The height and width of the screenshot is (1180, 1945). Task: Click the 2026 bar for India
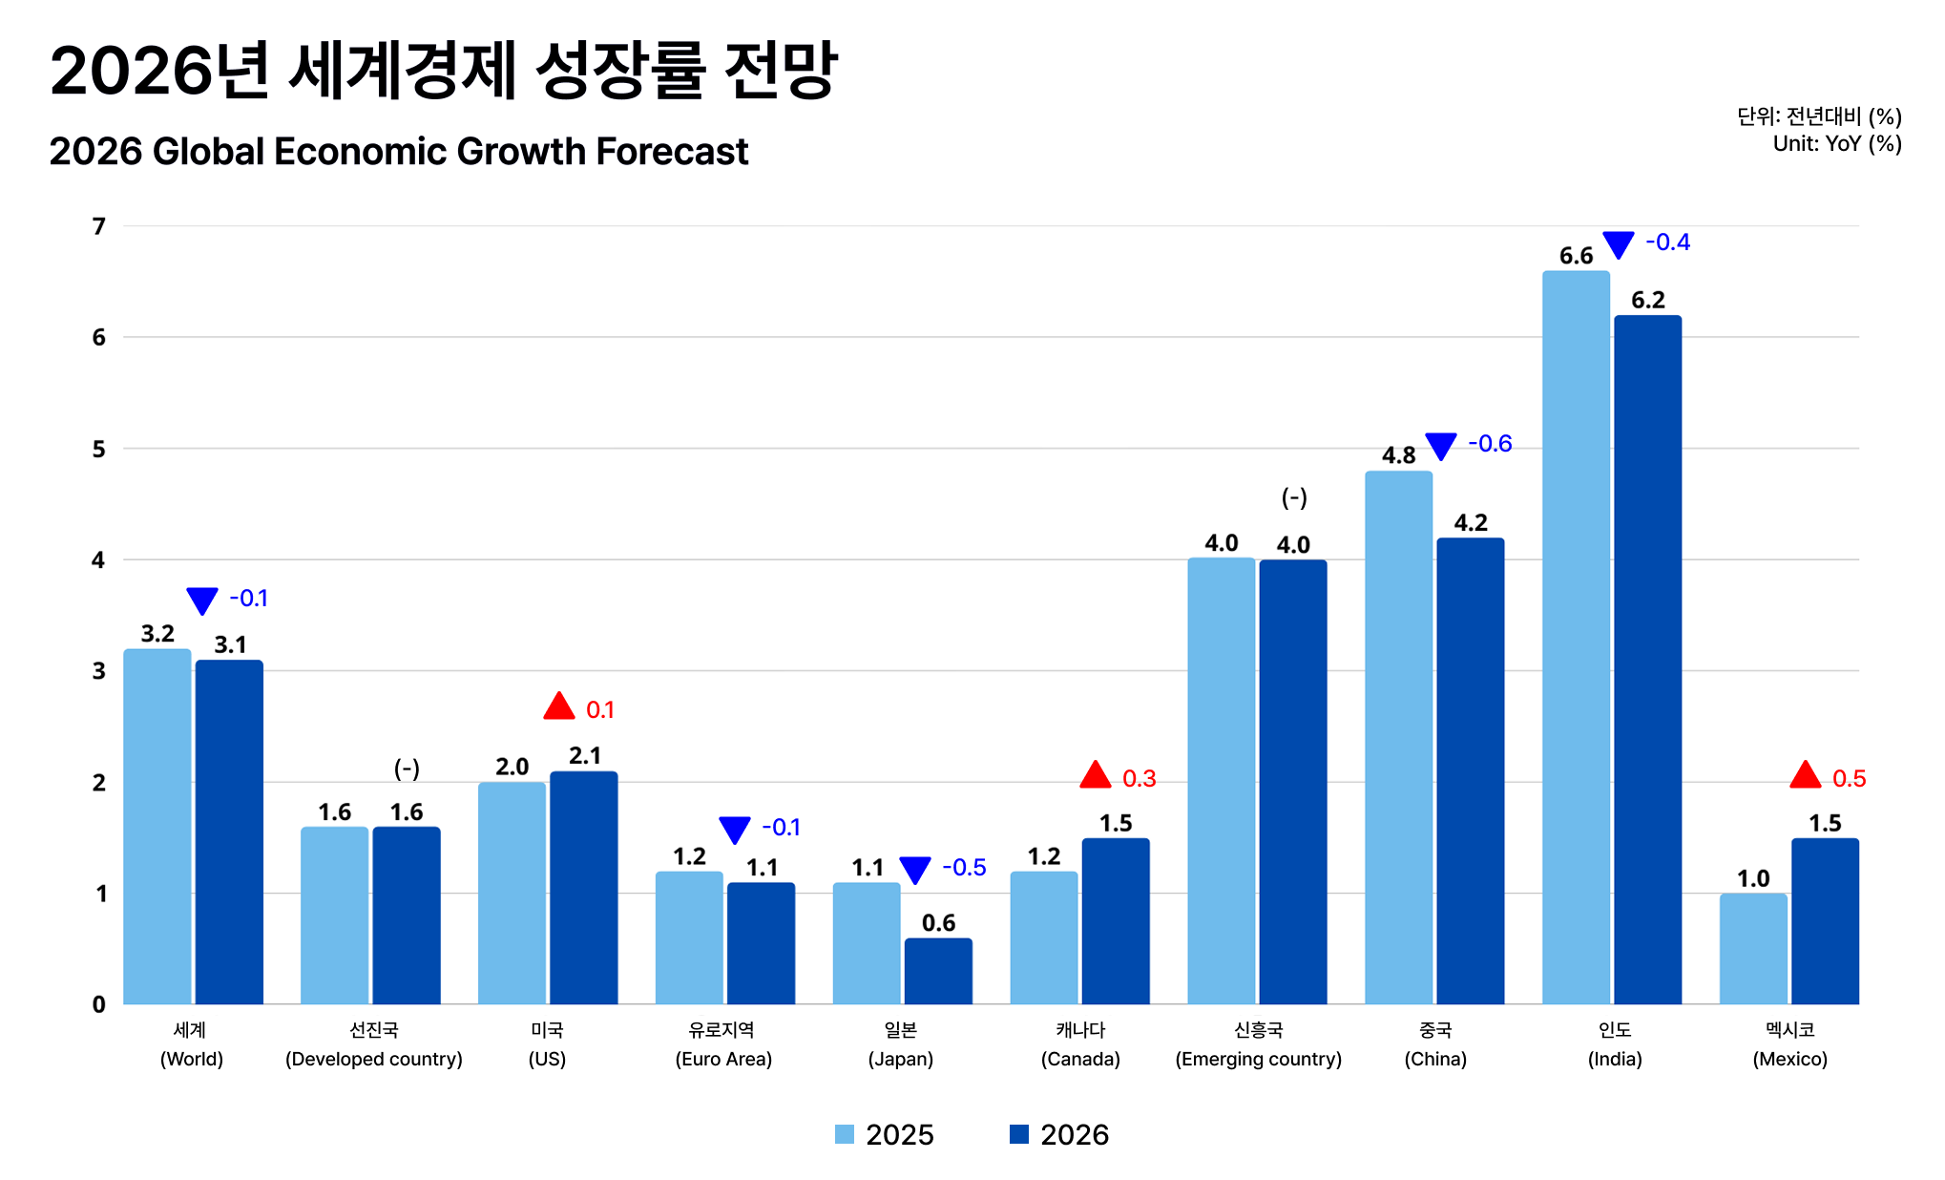pyautogui.click(x=1647, y=659)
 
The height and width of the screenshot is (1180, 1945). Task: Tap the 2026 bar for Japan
pyautogui.click(x=938, y=971)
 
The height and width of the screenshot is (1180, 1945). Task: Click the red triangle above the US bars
pyautogui.click(x=559, y=707)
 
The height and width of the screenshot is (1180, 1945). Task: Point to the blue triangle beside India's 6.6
pyautogui.click(x=1618, y=244)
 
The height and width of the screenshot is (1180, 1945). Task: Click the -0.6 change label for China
pyautogui.click(x=1490, y=444)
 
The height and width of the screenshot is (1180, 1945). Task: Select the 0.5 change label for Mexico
pyautogui.click(x=1849, y=779)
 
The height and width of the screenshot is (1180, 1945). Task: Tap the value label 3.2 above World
pyautogui.click(x=157, y=634)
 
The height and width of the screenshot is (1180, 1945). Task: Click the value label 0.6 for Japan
pyautogui.click(x=938, y=923)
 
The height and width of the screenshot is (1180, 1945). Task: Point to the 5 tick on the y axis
pyautogui.click(x=98, y=449)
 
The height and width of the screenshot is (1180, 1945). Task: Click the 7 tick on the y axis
pyautogui.click(x=98, y=226)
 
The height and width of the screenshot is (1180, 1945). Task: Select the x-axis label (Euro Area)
pyautogui.click(x=723, y=1059)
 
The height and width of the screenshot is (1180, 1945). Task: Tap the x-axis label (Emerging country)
pyautogui.click(x=1258, y=1059)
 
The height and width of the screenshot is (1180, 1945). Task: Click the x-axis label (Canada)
pyautogui.click(x=1080, y=1059)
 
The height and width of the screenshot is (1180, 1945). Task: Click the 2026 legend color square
pyautogui.click(x=1019, y=1134)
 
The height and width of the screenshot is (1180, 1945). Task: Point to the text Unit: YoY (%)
pyautogui.click(x=1837, y=144)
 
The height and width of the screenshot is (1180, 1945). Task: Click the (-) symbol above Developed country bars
pyautogui.click(x=407, y=769)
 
